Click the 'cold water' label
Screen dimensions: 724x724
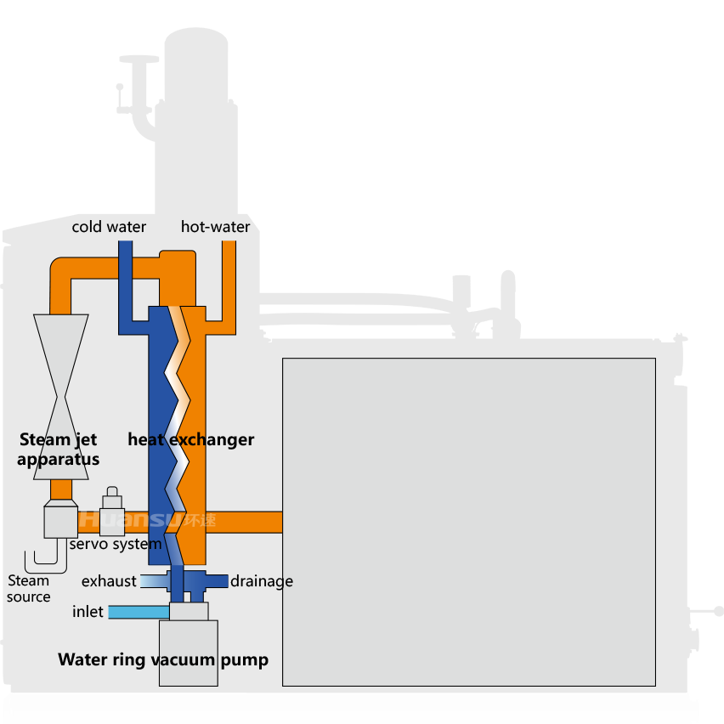pos(109,227)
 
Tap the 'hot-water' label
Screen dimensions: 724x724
pos(215,227)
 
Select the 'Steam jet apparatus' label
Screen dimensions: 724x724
pos(58,450)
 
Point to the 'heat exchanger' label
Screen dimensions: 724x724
pos(190,439)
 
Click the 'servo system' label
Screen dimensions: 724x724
pos(116,544)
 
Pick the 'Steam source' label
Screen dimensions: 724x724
pos(29,588)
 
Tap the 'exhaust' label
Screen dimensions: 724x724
pos(109,581)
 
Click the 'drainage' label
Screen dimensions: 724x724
pos(262,581)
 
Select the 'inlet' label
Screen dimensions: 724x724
pos(88,611)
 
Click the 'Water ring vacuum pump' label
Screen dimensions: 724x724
pos(163,659)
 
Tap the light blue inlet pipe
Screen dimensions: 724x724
pos(139,613)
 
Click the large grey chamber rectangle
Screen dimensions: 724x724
pos(469,522)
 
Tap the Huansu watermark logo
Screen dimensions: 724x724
pos(147,519)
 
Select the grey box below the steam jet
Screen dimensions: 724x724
pos(60,519)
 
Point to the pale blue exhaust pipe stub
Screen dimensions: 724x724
pos(154,581)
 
